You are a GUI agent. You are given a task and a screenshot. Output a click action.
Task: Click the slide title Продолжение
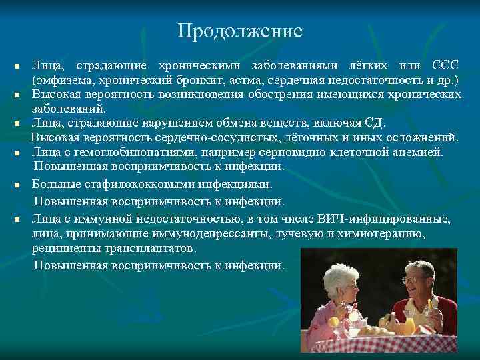[240, 31]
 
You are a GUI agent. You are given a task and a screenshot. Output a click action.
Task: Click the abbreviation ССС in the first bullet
[445, 66]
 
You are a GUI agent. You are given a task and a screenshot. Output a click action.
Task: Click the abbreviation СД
[375, 123]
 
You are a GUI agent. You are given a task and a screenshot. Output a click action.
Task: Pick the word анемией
[418, 152]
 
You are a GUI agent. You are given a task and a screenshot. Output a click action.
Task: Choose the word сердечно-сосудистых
[219, 138]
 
